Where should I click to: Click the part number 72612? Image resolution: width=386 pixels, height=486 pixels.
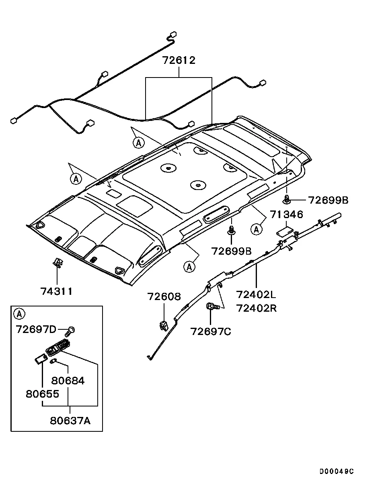pyautogui.click(x=179, y=61)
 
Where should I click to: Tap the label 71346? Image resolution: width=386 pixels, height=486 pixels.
pyautogui.click(x=286, y=214)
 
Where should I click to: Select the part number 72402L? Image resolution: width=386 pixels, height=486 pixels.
pyautogui.click(x=256, y=295)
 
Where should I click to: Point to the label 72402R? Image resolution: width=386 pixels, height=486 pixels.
pyautogui.click(x=256, y=308)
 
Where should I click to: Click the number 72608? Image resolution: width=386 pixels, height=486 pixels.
pyautogui.click(x=164, y=297)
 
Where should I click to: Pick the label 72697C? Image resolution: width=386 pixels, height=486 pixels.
pyautogui.click(x=211, y=332)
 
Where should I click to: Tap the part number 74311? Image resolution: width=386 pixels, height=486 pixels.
pyautogui.click(x=56, y=291)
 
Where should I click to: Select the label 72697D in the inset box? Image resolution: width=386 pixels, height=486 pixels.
pyautogui.click(x=36, y=329)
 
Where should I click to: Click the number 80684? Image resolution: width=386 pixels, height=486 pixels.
pyautogui.click(x=68, y=380)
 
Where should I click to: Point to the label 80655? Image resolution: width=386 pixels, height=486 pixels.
pyautogui.click(x=43, y=394)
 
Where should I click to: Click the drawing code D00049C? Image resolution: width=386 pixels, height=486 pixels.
pyautogui.click(x=337, y=471)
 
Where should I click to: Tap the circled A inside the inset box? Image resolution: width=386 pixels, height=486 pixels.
pyautogui.click(x=19, y=313)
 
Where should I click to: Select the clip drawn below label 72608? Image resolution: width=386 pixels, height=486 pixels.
pyautogui.click(x=163, y=325)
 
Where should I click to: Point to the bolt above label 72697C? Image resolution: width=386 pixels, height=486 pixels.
pyautogui.click(x=212, y=307)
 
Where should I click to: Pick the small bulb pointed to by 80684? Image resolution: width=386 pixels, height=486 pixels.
pyautogui.click(x=52, y=361)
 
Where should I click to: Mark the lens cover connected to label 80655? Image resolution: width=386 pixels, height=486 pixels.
pyautogui.click(x=39, y=359)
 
